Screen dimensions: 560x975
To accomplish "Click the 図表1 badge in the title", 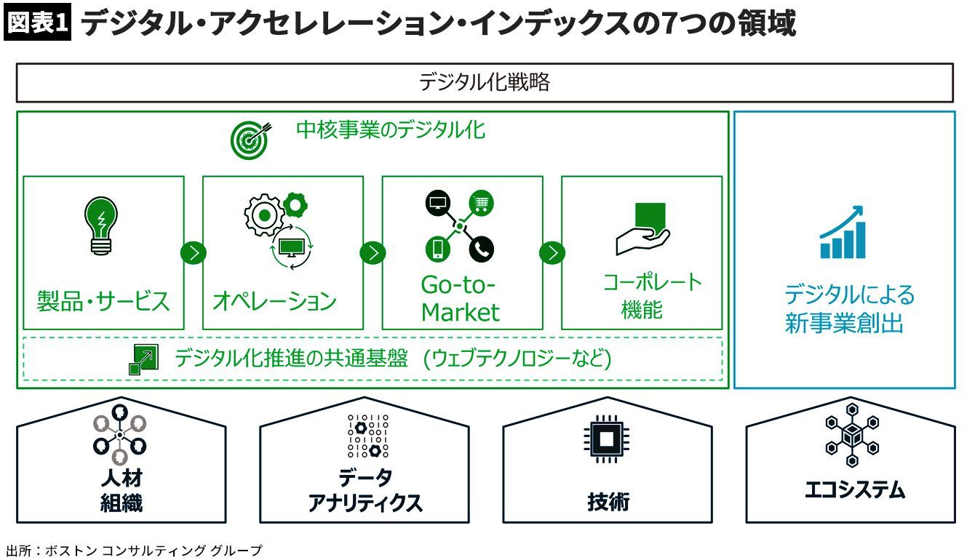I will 38,23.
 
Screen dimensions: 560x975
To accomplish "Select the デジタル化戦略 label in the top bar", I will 484,82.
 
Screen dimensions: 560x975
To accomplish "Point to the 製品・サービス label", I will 103,300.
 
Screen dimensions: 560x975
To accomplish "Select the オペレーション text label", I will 274,300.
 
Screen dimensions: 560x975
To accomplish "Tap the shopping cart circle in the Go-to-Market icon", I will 480,204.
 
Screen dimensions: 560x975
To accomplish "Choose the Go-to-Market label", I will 461,298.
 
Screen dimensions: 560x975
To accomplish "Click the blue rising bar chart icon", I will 843,233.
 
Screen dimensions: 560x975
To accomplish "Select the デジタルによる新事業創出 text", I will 844,308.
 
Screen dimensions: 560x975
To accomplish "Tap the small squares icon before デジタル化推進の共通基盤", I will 142,359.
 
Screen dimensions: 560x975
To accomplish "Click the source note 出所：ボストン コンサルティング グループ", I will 132,550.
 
